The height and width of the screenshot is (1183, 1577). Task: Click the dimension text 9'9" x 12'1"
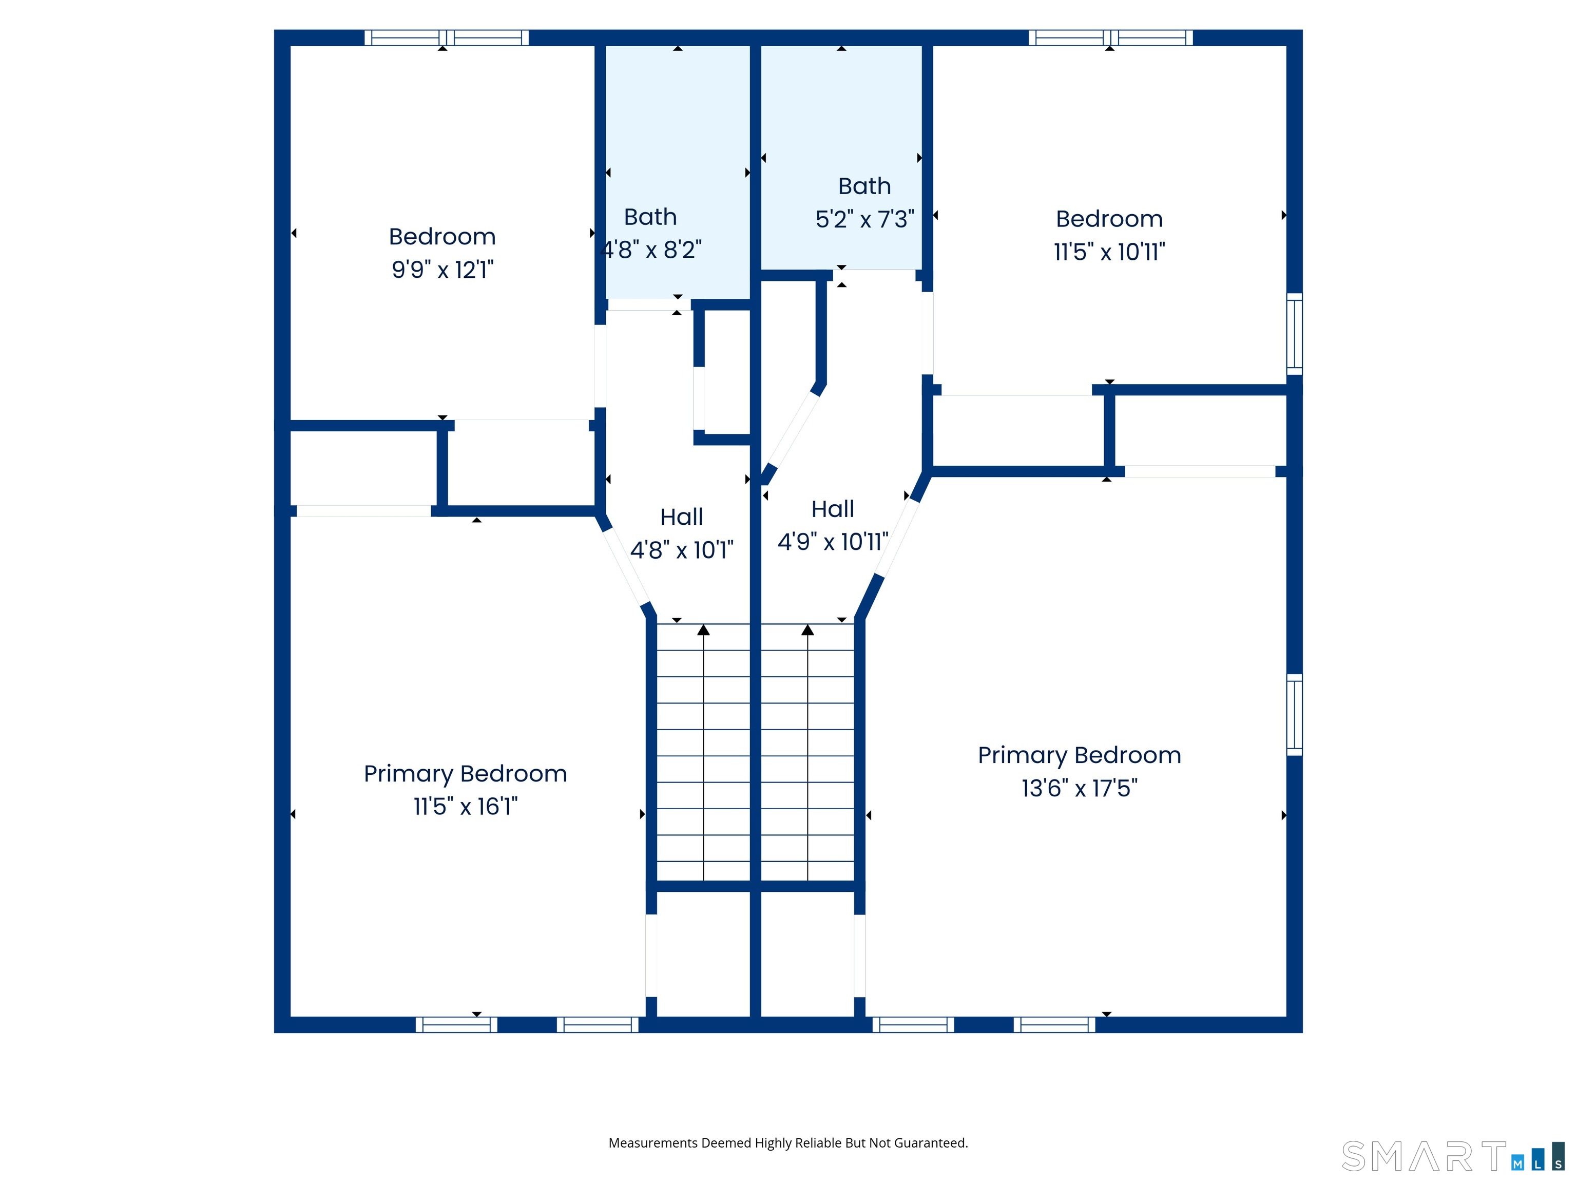(x=442, y=270)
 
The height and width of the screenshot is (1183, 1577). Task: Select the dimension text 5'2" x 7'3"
(x=865, y=219)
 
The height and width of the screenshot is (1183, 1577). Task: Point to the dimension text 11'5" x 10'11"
(x=1109, y=252)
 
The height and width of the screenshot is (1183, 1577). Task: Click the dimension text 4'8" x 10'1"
(x=682, y=550)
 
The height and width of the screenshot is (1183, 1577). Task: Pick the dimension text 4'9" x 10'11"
(x=833, y=542)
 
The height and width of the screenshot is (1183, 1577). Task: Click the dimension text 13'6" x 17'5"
(x=1080, y=788)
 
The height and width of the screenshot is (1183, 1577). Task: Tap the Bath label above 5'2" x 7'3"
(x=865, y=186)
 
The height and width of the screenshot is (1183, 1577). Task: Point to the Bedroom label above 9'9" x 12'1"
(x=442, y=237)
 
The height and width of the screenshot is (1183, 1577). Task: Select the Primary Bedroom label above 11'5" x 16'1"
(x=466, y=774)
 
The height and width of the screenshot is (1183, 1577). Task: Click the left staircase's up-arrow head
(x=704, y=629)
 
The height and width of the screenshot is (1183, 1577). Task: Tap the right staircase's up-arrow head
(x=807, y=629)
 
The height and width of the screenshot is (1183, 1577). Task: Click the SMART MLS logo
(x=1453, y=1156)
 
